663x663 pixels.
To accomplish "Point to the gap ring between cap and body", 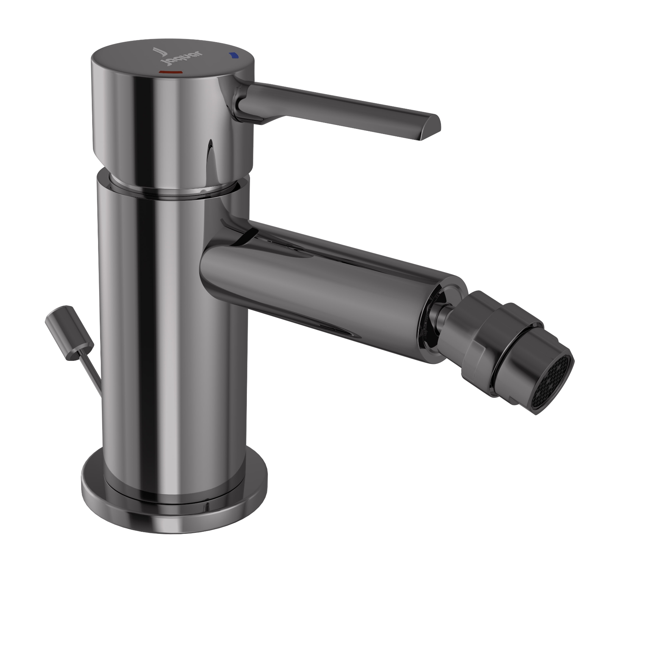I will point(173,192).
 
